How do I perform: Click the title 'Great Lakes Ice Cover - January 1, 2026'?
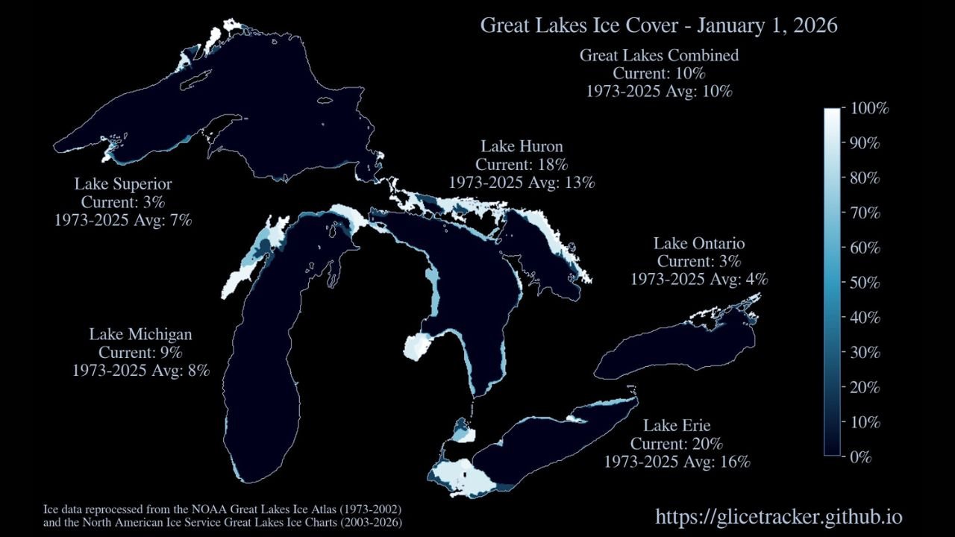pyautogui.click(x=658, y=25)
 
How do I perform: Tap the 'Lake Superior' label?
pyautogui.click(x=123, y=183)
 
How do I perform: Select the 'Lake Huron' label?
pyautogui.click(x=522, y=146)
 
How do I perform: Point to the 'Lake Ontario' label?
pyautogui.click(x=699, y=243)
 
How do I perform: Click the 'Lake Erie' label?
pyautogui.click(x=677, y=426)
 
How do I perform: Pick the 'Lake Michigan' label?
pyautogui.click(x=141, y=333)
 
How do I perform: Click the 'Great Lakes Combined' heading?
pyautogui.click(x=659, y=55)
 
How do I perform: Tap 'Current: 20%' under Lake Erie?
pyautogui.click(x=677, y=444)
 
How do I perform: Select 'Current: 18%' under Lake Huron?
pyautogui.click(x=522, y=164)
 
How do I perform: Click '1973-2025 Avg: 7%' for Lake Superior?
pyautogui.click(x=123, y=220)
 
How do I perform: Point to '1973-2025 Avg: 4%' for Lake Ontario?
pyautogui.click(x=699, y=280)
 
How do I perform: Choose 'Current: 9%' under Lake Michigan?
pyautogui.click(x=141, y=351)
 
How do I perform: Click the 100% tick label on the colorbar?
pyautogui.click(x=869, y=109)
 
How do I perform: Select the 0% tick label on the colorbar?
pyautogui.click(x=861, y=456)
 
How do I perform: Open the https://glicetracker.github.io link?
pyautogui.click(x=779, y=517)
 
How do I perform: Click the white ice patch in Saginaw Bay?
pyautogui.click(x=417, y=346)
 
